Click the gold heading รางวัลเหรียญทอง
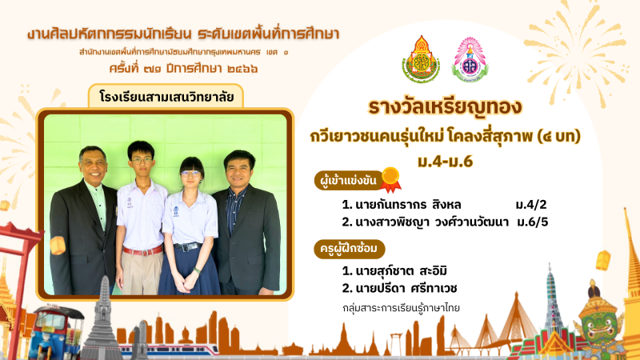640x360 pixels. (x=445, y=108)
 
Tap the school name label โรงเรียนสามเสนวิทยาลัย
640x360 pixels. (x=166, y=97)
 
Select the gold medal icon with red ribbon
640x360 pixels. (x=390, y=179)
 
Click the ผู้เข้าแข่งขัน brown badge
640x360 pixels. (x=349, y=181)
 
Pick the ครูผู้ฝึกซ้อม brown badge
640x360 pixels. (x=349, y=249)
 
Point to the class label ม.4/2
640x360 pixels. (x=530, y=205)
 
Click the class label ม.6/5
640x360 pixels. (x=532, y=222)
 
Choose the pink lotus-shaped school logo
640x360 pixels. (x=470, y=59)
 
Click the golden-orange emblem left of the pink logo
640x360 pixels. (x=421, y=59)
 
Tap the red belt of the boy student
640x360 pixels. (x=143, y=250)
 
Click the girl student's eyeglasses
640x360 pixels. (x=190, y=174)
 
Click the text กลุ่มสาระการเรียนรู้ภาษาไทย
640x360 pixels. (x=401, y=308)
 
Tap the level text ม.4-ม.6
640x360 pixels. (x=445, y=162)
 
